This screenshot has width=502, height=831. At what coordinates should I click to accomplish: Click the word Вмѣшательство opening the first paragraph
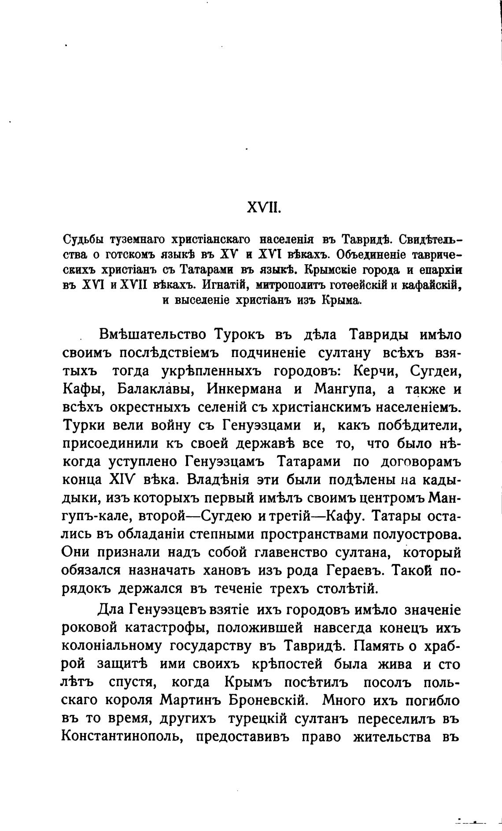point(153,335)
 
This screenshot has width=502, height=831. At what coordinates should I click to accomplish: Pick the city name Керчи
point(375,371)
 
